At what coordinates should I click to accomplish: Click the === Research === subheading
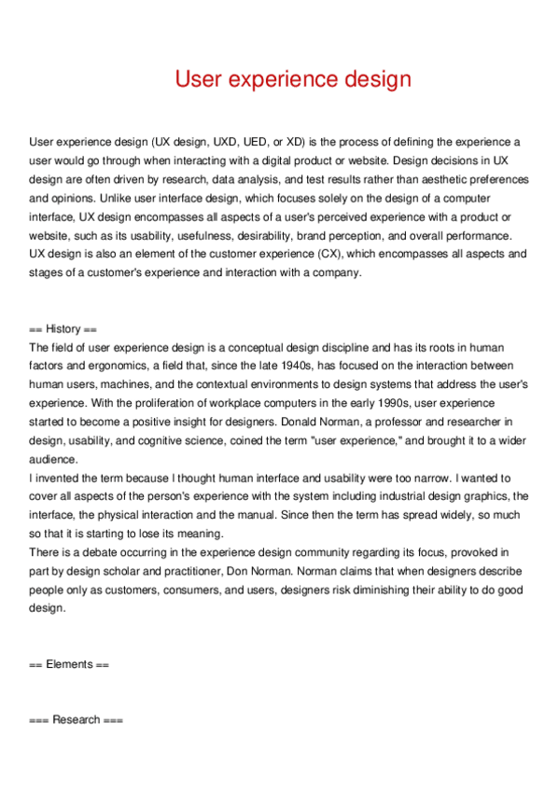(76, 720)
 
